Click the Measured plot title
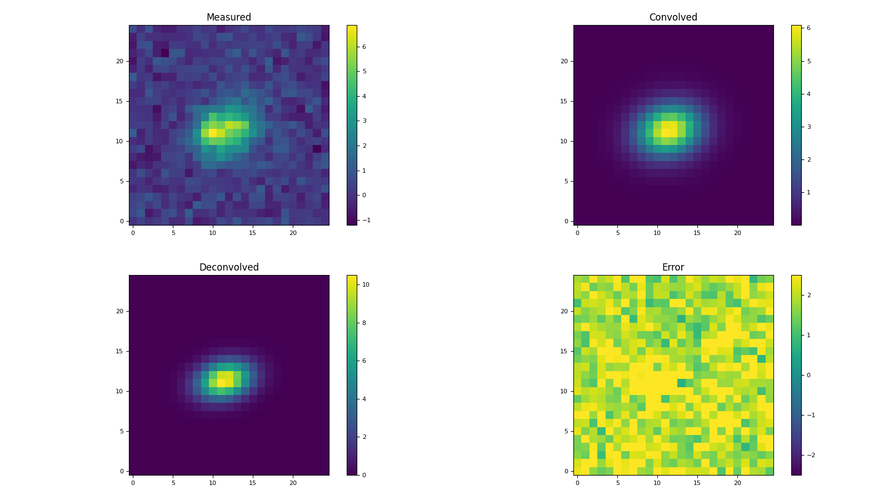click(228, 18)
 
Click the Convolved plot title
click(673, 18)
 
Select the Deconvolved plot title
click(228, 268)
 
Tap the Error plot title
click(673, 268)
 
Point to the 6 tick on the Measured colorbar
click(363, 47)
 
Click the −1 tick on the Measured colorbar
click(364, 220)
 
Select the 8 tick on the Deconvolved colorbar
click(363, 323)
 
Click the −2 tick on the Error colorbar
click(810, 455)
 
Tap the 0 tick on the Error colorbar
click(808, 375)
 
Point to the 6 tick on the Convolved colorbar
click(808, 28)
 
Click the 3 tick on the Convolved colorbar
click(808, 127)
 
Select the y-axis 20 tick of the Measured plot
click(119, 61)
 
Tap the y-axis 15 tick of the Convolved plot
click(564, 101)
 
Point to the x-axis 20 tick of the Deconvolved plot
click(293, 483)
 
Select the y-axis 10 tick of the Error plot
click(564, 391)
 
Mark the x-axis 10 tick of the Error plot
click(657, 483)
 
